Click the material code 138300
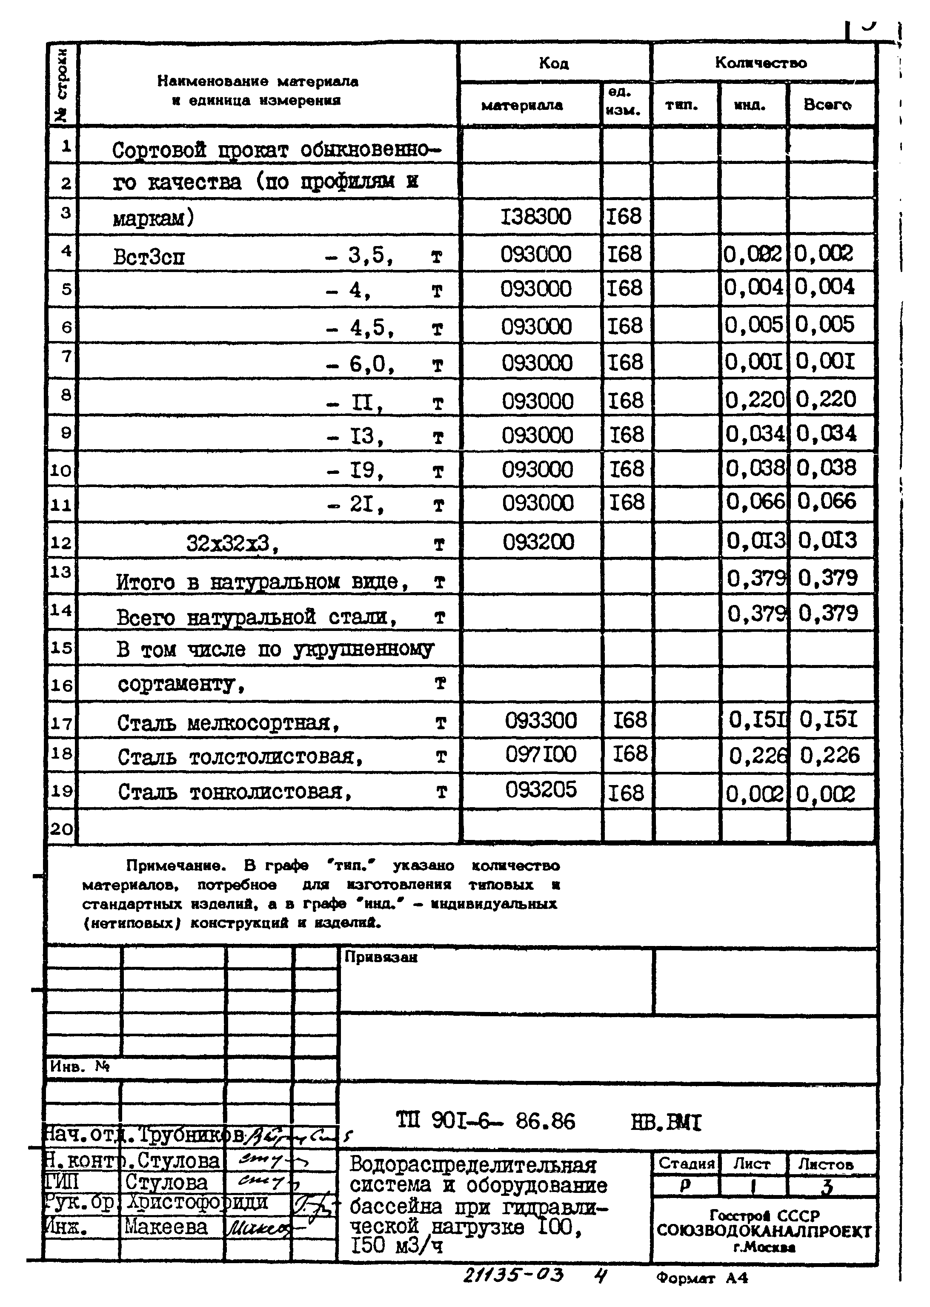click(x=535, y=217)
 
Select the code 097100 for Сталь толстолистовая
click(x=540, y=754)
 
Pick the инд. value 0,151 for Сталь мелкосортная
click(x=756, y=719)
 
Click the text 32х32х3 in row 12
click(x=232, y=543)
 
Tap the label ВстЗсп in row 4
click(x=149, y=257)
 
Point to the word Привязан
click(x=381, y=957)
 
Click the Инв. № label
click(x=79, y=1066)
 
